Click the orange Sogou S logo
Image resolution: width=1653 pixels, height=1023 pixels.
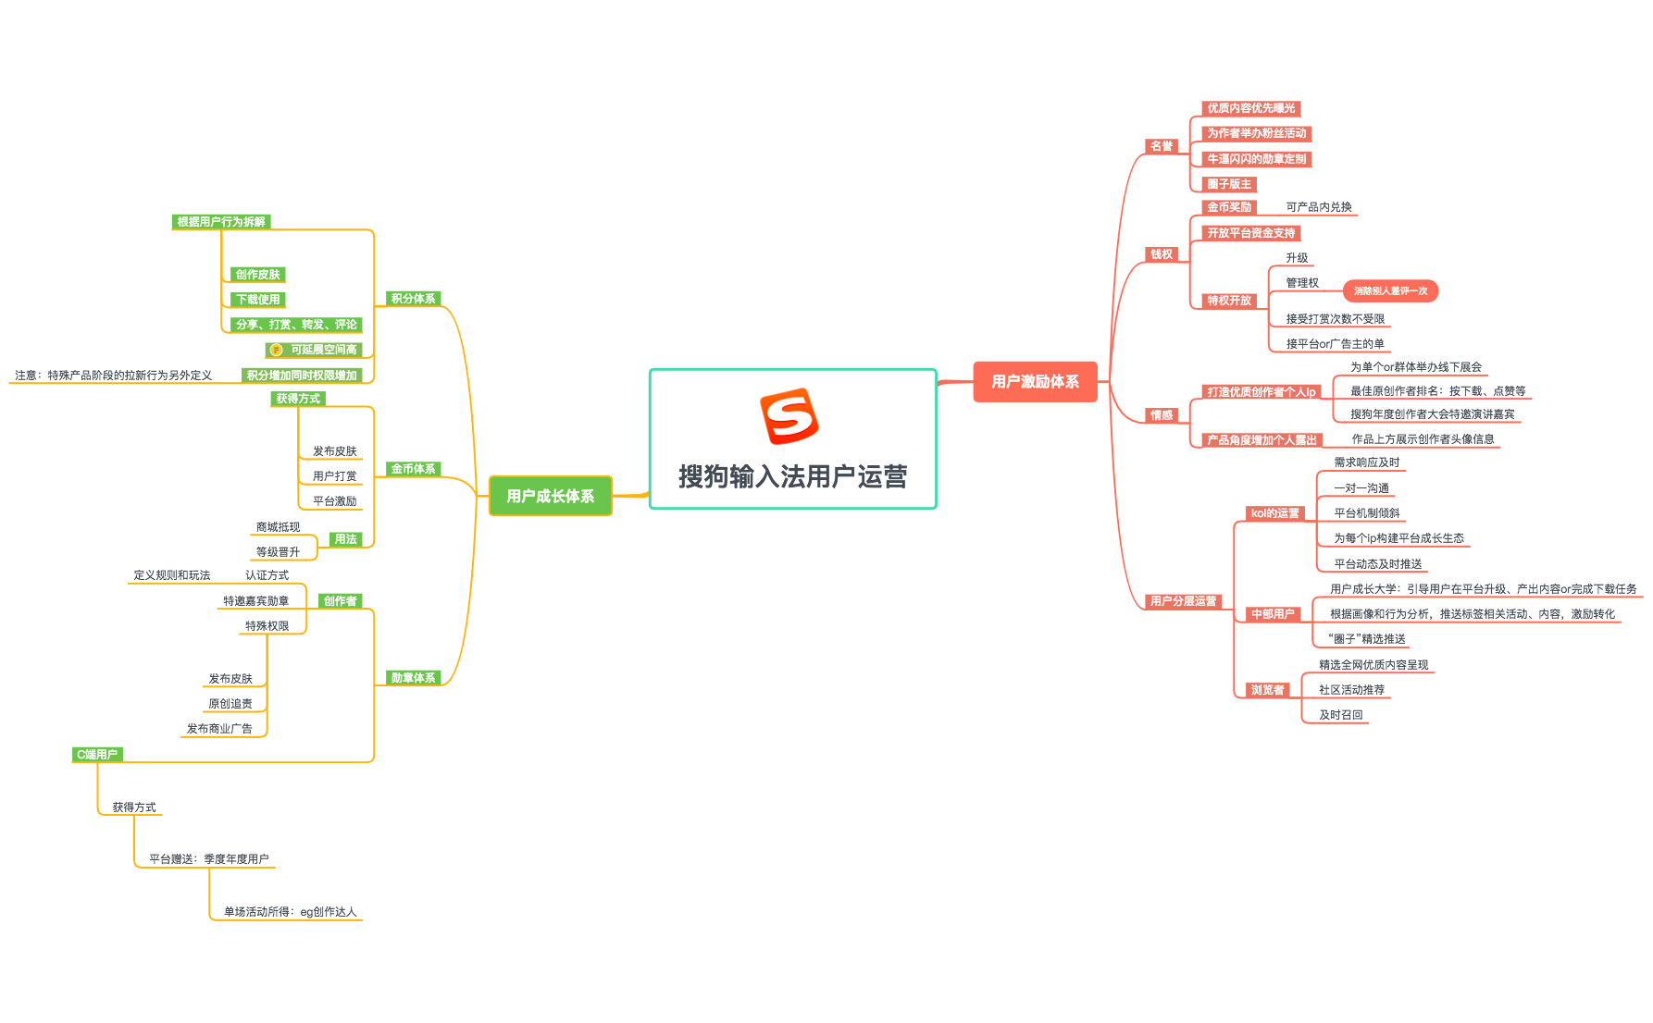click(789, 416)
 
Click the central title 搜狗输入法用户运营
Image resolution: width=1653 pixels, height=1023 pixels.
click(792, 476)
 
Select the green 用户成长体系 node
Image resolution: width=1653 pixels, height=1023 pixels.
click(550, 496)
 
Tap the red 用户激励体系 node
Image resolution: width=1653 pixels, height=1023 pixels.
click(1035, 381)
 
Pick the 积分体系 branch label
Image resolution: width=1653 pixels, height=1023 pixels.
click(413, 299)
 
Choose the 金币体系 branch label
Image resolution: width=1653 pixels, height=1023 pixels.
click(413, 469)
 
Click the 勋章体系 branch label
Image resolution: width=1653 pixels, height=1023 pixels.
click(413, 678)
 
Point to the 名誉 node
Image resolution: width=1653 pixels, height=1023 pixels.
click(1161, 146)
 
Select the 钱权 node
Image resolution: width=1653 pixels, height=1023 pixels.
click(1161, 254)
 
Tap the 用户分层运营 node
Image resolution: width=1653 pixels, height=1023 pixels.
click(1183, 601)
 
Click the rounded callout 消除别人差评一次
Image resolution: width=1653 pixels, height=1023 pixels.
click(1390, 291)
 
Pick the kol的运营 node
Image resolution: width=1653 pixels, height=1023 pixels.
click(1274, 513)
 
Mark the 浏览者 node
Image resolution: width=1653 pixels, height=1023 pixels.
click(1267, 690)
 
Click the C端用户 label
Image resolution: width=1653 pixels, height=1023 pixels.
click(97, 755)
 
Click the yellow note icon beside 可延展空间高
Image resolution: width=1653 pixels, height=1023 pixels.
click(276, 350)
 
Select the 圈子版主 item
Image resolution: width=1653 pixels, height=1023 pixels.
click(1229, 184)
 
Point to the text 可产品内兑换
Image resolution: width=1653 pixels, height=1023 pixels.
click(1319, 207)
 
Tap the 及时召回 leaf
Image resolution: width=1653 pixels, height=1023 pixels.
click(1340, 715)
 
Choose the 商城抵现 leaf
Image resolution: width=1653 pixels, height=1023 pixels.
click(278, 527)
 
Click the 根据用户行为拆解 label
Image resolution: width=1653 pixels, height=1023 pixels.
click(221, 222)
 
